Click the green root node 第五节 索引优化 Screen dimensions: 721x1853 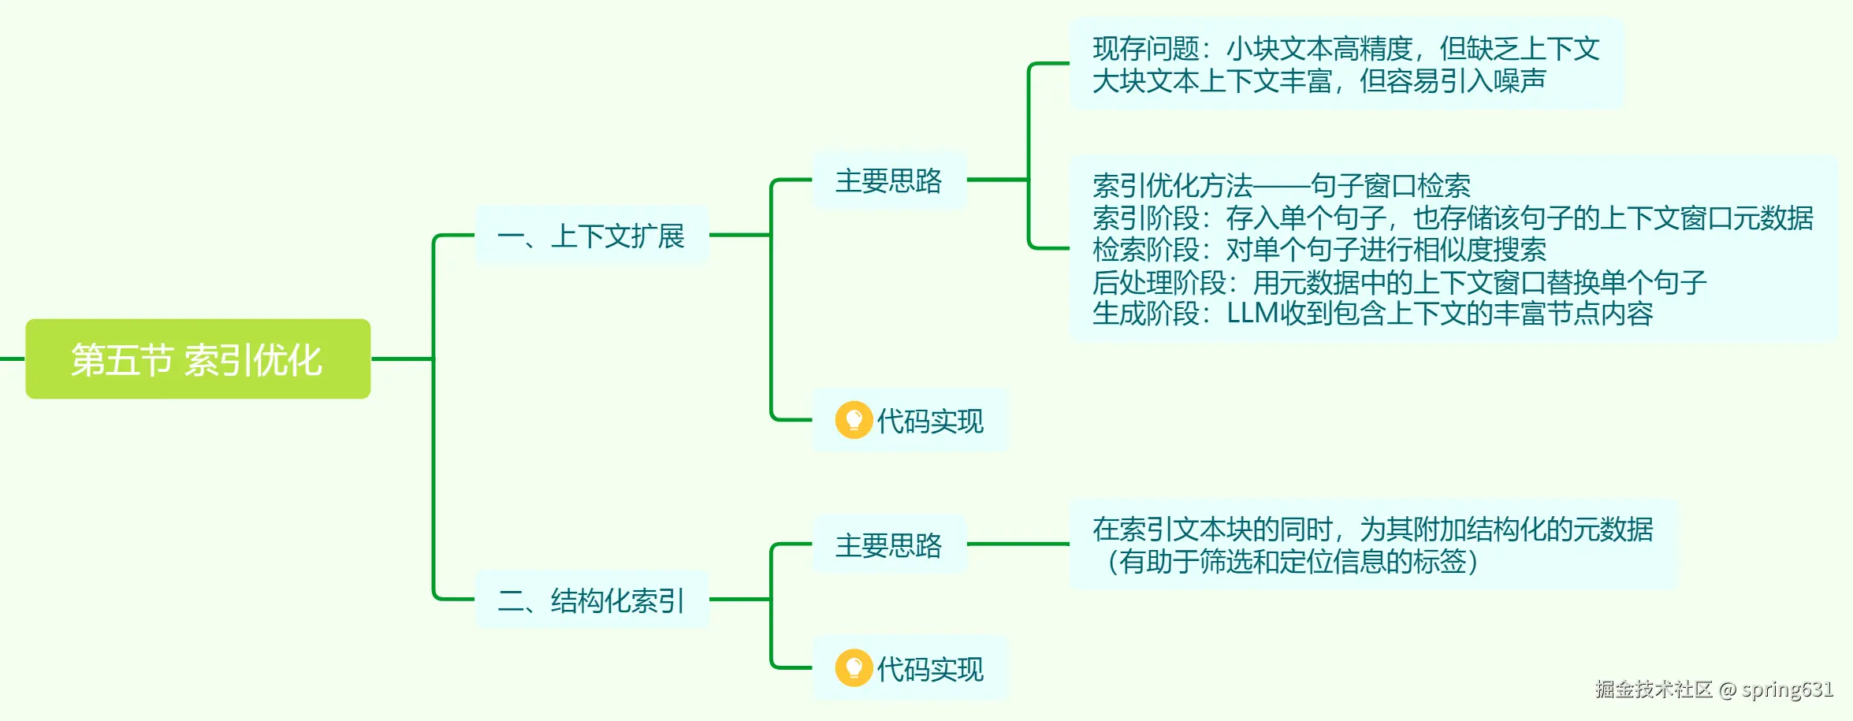point(198,359)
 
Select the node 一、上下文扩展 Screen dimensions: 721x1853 point(591,236)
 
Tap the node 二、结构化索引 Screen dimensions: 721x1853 point(591,600)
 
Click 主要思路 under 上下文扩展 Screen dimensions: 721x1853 point(888,180)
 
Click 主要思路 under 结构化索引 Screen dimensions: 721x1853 point(888,544)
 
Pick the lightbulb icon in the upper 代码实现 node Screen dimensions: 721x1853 point(854,420)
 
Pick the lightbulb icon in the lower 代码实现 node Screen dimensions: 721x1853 point(854,668)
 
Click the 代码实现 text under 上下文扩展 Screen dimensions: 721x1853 point(930,422)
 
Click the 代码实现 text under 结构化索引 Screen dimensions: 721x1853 point(930,670)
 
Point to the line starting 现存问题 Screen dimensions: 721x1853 point(1345,49)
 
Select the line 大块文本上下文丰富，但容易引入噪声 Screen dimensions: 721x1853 point(1319,81)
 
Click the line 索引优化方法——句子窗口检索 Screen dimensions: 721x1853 point(1281,186)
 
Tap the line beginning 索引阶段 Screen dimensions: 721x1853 point(1453,218)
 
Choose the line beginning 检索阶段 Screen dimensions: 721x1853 point(1319,250)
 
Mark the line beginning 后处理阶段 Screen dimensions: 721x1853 point(1399,282)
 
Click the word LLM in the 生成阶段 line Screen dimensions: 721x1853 point(1252,314)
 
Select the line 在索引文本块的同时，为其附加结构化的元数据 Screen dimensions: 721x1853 point(1372,530)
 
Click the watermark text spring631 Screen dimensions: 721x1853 point(1787,689)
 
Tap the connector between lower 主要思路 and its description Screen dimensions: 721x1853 point(1018,544)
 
